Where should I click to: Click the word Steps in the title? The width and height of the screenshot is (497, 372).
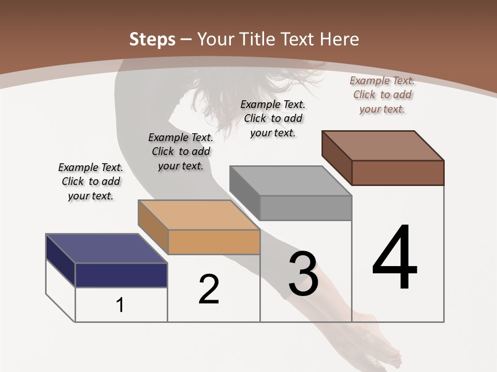pyautogui.click(x=152, y=39)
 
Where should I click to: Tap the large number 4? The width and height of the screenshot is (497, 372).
pyautogui.click(x=394, y=258)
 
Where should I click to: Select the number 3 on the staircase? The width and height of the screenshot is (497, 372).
pyautogui.click(x=303, y=274)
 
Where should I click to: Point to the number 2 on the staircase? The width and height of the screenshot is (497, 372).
pyautogui.click(x=209, y=289)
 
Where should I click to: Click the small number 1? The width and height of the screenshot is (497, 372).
pyautogui.click(x=120, y=305)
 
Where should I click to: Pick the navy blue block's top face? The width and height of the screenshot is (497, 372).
pyautogui.click(x=106, y=249)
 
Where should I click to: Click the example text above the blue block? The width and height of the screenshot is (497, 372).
pyautogui.click(x=91, y=181)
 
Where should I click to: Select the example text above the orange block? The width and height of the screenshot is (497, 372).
pyautogui.click(x=181, y=151)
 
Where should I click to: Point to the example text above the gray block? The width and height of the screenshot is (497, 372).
pyautogui.click(x=273, y=118)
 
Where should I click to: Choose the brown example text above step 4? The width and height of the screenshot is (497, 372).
pyautogui.click(x=382, y=95)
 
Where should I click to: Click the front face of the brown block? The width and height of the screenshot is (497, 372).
pyautogui.click(x=398, y=173)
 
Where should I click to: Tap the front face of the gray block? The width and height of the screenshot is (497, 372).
pyautogui.click(x=305, y=208)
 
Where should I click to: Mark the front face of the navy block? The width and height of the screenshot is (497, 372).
pyautogui.click(x=121, y=275)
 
